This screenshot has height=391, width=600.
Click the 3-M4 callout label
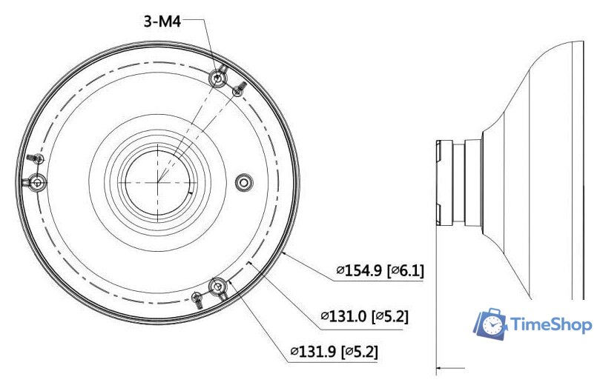coord(162,21)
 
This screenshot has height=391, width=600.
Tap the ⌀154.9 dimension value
coord(359,270)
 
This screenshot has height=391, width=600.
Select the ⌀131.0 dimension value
coord(343,316)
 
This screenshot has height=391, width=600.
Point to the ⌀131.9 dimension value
coord(313,351)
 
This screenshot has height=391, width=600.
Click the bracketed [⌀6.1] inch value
coord(406,270)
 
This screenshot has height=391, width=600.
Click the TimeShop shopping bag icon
coord(490,324)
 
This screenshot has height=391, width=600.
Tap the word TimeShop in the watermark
coord(551,325)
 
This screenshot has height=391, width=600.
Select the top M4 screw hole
coord(218,78)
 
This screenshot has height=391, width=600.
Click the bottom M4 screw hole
coord(218,287)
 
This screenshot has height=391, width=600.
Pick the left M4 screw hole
coord(37,182)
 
